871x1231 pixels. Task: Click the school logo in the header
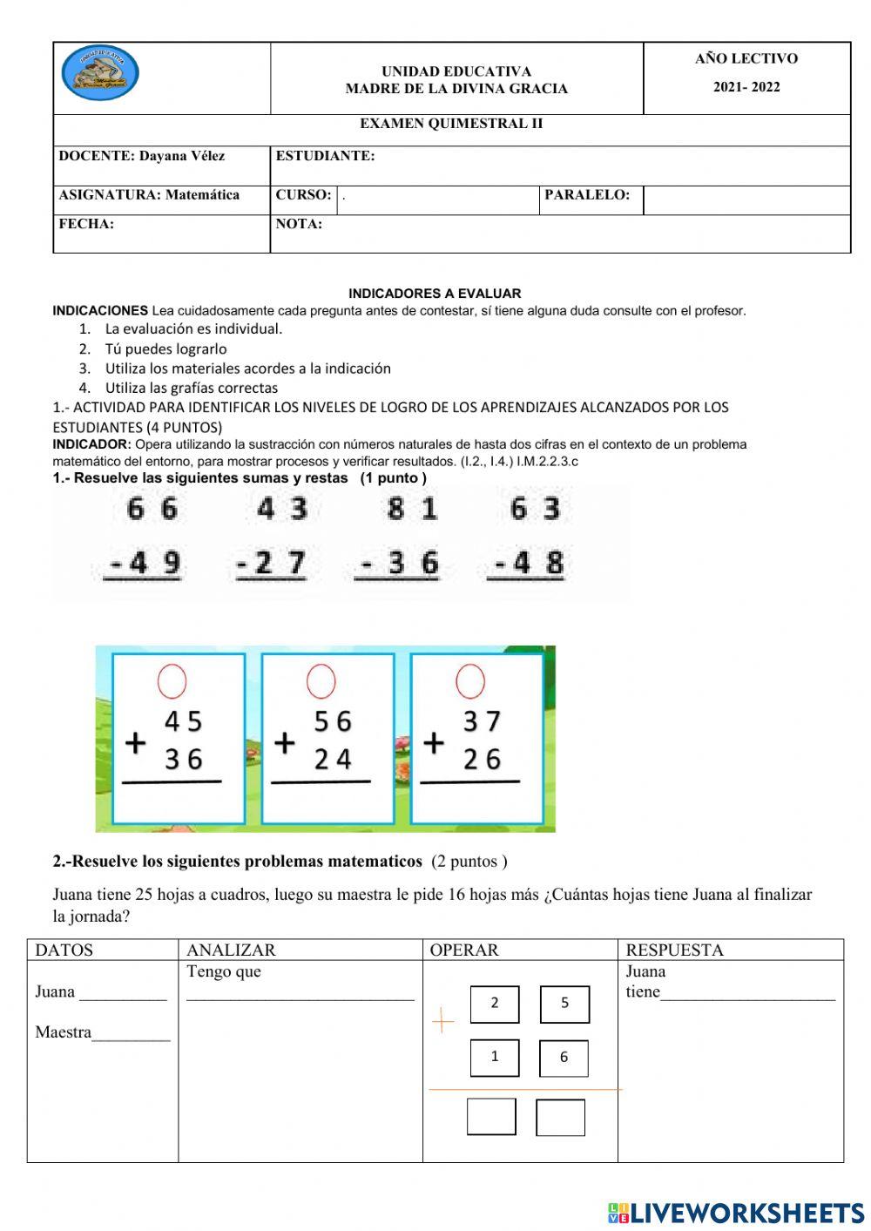point(100,73)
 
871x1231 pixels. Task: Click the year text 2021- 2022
point(746,87)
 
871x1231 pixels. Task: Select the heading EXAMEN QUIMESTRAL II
point(451,124)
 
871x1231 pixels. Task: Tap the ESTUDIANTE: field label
point(325,157)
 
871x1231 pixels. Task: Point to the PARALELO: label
point(586,195)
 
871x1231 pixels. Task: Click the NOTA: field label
point(299,224)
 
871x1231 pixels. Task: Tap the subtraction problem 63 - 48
point(528,536)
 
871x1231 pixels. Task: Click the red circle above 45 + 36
point(172,680)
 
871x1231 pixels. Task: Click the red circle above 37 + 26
point(470,680)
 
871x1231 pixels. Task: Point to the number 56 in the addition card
point(333,721)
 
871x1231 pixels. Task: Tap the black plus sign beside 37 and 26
point(434,743)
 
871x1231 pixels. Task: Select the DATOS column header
point(64,950)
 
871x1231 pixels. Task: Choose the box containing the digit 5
point(564,1004)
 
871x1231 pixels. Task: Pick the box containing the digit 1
point(495,1058)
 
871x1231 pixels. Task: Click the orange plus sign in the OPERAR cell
point(443,1020)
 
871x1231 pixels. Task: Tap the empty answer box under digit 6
point(560,1118)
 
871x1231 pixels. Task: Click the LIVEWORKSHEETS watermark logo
point(736,1213)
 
